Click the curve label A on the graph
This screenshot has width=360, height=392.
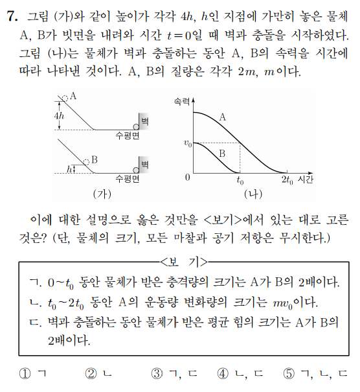pyautogui.click(x=222, y=117)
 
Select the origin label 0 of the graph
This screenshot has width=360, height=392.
pyautogui.click(x=188, y=177)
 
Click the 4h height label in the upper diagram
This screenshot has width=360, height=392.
pyautogui.click(x=60, y=115)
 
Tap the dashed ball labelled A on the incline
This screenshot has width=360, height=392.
pyautogui.click(x=65, y=98)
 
